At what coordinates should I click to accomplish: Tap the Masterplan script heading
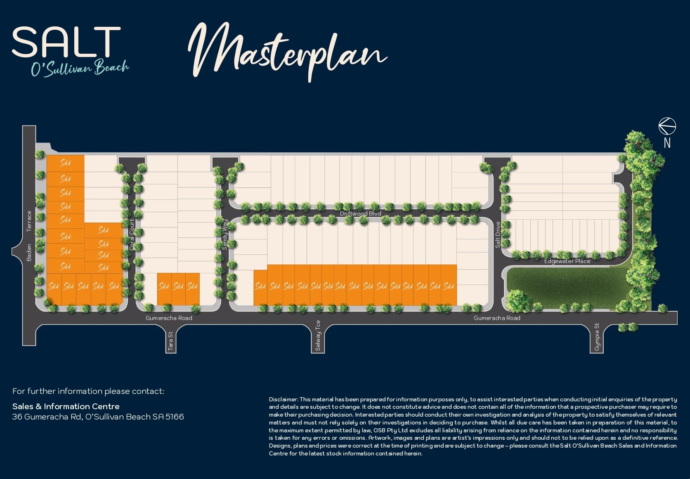point(288,52)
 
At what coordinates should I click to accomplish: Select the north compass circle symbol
point(667,126)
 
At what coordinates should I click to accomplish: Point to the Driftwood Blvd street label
point(360,213)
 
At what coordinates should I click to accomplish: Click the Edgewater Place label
point(567,261)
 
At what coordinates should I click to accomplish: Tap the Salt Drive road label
point(498,235)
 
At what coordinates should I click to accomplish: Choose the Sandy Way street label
point(225,234)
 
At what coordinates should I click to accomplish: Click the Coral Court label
point(132,235)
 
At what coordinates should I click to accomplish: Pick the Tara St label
point(171,341)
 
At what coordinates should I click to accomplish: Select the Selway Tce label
point(318,335)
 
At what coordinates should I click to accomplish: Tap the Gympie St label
point(597,337)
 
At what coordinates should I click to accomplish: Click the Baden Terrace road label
point(29,236)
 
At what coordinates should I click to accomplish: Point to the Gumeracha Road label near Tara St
point(169,318)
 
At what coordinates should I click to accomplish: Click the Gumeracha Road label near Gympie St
point(497,318)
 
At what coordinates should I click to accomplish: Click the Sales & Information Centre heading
point(66,406)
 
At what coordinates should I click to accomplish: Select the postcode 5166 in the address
point(175,417)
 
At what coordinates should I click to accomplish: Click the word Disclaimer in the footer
point(283,399)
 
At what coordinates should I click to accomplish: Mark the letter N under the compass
point(667,143)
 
